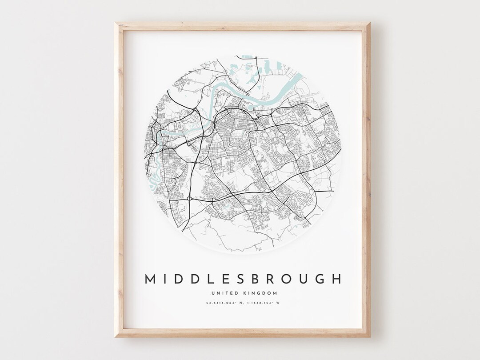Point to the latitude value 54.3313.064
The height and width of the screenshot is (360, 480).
[x=222, y=303]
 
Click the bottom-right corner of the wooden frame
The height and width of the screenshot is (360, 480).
[x=370, y=336]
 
